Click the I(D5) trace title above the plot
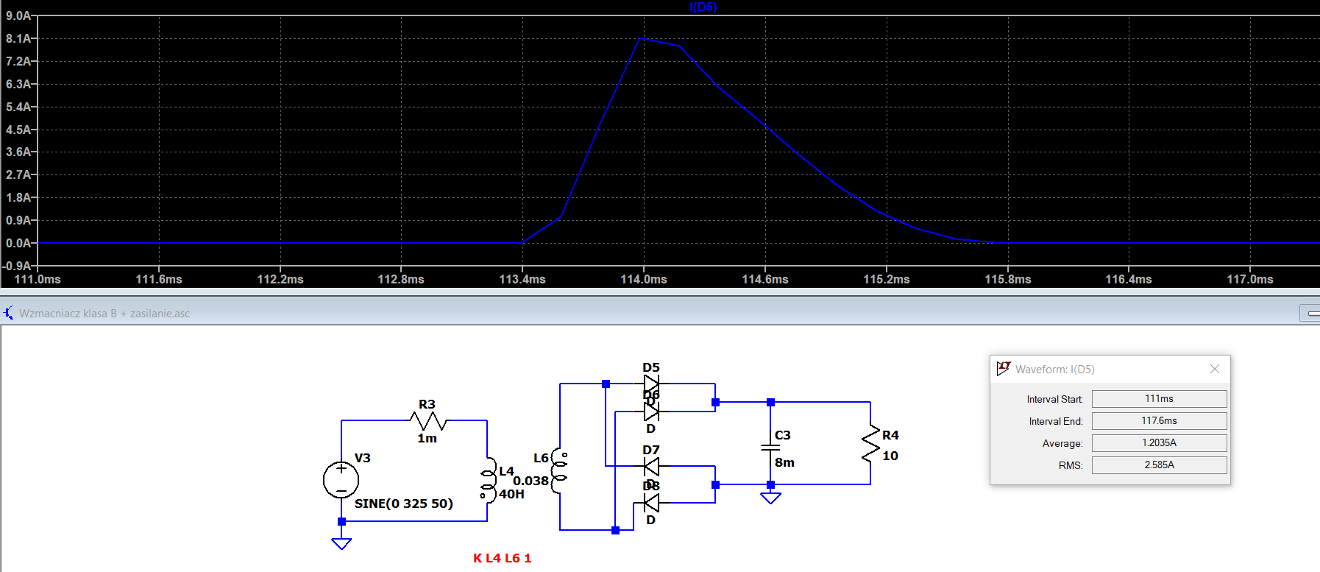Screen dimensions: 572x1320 pyautogui.click(x=703, y=7)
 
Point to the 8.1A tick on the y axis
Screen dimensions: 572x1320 pyautogui.click(x=18, y=38)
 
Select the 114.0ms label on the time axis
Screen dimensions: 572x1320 pyautogui.click(x=644, y=280)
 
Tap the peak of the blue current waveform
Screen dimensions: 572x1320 pyautogui.click(x=642, y=38)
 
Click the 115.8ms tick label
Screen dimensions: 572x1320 pyautogui.click(x=1007, y=280)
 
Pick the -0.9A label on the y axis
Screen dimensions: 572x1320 pyautogui.click(x=18, y=266)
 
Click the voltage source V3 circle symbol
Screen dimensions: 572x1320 pyautogui.click(x=341, y=480)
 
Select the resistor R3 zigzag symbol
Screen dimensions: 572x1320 pyautogui.click(x=428, y=421)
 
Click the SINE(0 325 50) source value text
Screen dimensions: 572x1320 pyautogui.click(x=403, y=504)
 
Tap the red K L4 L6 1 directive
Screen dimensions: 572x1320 pyautogui.click(x=502, y=558)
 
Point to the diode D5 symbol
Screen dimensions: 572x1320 pyautogui.click(x=651, y=384)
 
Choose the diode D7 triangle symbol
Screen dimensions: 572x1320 pyautogui.click(x=651, y=466)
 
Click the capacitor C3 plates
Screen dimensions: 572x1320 pyautogui.click(x=770, y=447)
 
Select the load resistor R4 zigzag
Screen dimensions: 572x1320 pyautogui.click(x=870, y=444)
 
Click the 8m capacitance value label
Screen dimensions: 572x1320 pyautogui.click(x=784, y=462)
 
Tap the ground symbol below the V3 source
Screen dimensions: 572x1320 pyautogui.click(x=341, y=543)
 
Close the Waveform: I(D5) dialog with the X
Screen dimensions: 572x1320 pyautogui.click(x=1215, y=369)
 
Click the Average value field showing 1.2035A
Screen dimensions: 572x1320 pyautogui.click(x=1159, y=442)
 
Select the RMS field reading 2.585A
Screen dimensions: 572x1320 pyautogui.click(x=1159, y=465)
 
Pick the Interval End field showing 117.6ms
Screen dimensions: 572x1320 pyautogui.click(x=1159, y=420)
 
